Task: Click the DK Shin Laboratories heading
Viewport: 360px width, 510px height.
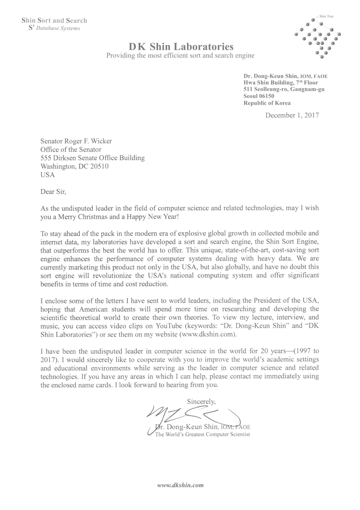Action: (181, 46)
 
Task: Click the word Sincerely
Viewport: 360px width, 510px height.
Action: (201, 402)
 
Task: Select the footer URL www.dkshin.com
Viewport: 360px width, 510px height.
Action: (180, 485)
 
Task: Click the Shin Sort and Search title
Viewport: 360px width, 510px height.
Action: (54, 20)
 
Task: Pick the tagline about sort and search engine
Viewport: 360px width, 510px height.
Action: (180, 56)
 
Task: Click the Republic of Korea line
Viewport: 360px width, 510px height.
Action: (267, 103)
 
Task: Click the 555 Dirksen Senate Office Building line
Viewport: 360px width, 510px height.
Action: (93, 158)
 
